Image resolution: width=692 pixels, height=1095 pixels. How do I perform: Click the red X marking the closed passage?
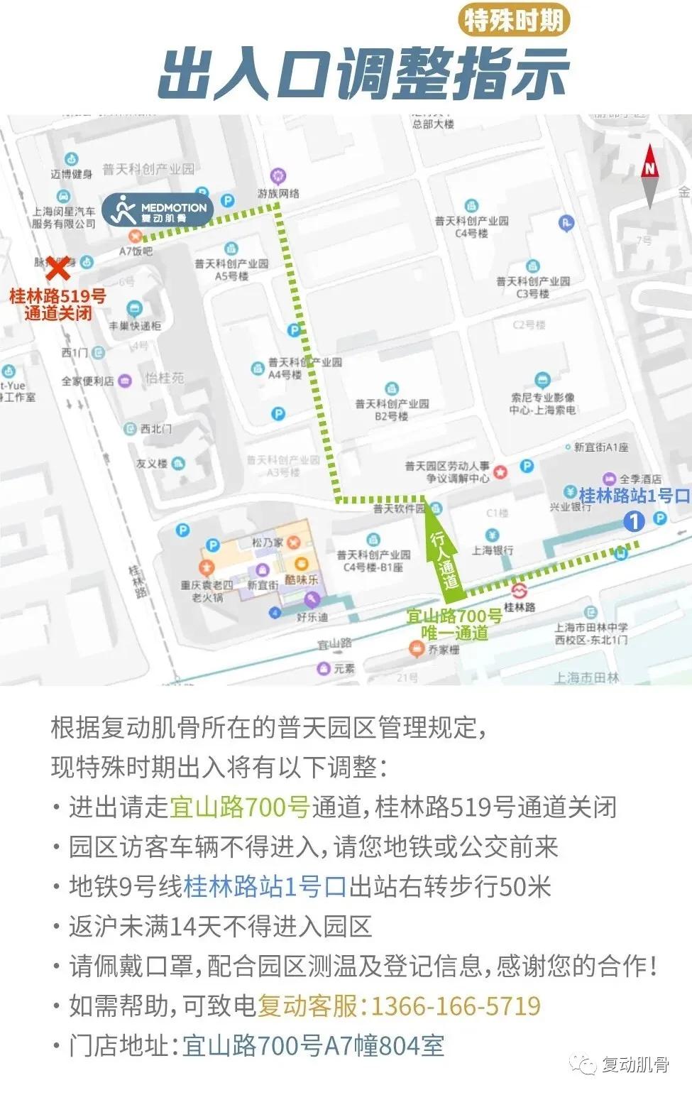[57, 269]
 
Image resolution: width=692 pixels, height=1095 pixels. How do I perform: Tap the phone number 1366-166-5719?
[455, 1006]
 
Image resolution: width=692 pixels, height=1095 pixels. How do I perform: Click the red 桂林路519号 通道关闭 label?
[57, 305]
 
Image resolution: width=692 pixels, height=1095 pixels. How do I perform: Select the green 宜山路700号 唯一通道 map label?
[454, 625]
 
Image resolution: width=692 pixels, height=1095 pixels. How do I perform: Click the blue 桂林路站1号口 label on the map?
[634, 496]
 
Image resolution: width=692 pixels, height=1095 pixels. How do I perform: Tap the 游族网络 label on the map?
[278, 193]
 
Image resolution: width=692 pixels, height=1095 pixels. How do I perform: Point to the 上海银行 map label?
[493, 550]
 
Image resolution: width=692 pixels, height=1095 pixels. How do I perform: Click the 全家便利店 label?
[88, 381]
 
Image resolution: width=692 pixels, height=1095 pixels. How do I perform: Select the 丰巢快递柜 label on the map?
[135, 325]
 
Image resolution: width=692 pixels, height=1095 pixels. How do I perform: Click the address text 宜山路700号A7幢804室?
[313, 1045]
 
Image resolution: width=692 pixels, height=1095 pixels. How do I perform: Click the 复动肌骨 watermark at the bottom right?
[625, 1064]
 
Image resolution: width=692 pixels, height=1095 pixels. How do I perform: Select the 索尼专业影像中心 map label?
[542, 403]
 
